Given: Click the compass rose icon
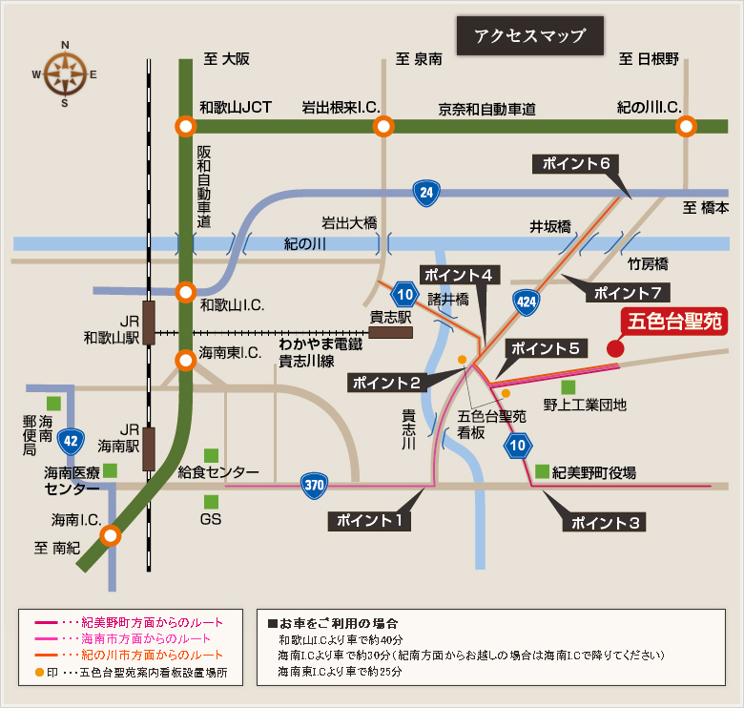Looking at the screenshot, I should click(65, 73).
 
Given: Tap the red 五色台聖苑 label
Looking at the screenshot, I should click(673, 323).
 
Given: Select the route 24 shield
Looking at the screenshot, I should click(426, 195).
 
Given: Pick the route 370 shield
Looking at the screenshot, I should click(315, 485).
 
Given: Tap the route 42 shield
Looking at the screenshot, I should click(69, 441).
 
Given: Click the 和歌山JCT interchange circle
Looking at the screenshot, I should click(186, 127).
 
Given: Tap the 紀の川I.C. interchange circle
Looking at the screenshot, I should click(687, 127).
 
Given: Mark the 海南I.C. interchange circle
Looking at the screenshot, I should click(112, 535).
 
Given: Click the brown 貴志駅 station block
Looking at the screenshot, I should click(391, 333).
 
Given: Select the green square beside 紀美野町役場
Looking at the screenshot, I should click(542, 471).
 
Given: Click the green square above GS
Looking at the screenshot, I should click(211, 501).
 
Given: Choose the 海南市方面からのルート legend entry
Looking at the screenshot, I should click(143, 637).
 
